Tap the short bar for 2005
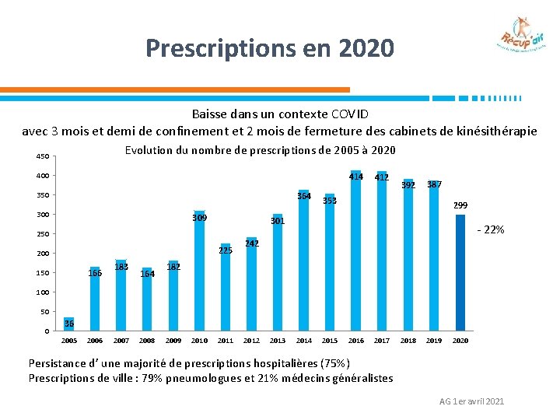pyautogui.click(x=69, y=324)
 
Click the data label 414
pyautogui.click(x=356, y=177)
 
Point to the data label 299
pyautogui.click(x=460, y=205)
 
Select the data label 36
pyautogui.click(x=70, y=324)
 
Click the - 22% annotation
pyautogui.click(x=491, y=230)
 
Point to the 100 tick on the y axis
pyautogui.click(x=42, y=292)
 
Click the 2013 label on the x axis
pyautogui.click(x=278, y=341)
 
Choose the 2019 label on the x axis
pyautogui.click(x=434, y=341)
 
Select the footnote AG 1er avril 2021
pyautogui.click(x=471, y=401)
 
